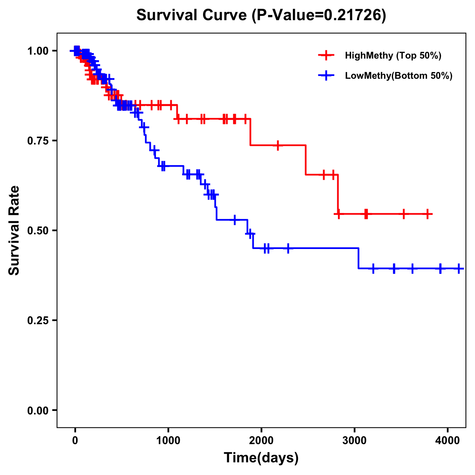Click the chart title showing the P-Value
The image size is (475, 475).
point(261,15)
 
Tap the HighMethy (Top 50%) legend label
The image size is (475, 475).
point(393,55)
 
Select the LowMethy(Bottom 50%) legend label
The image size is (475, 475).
point(399,76)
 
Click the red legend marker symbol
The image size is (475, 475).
point(326,55)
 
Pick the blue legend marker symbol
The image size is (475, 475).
point(326,76)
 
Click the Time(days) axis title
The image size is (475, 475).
point(261,458)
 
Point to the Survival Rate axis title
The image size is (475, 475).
point(14,230)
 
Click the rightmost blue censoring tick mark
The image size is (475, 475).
point(459,268)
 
